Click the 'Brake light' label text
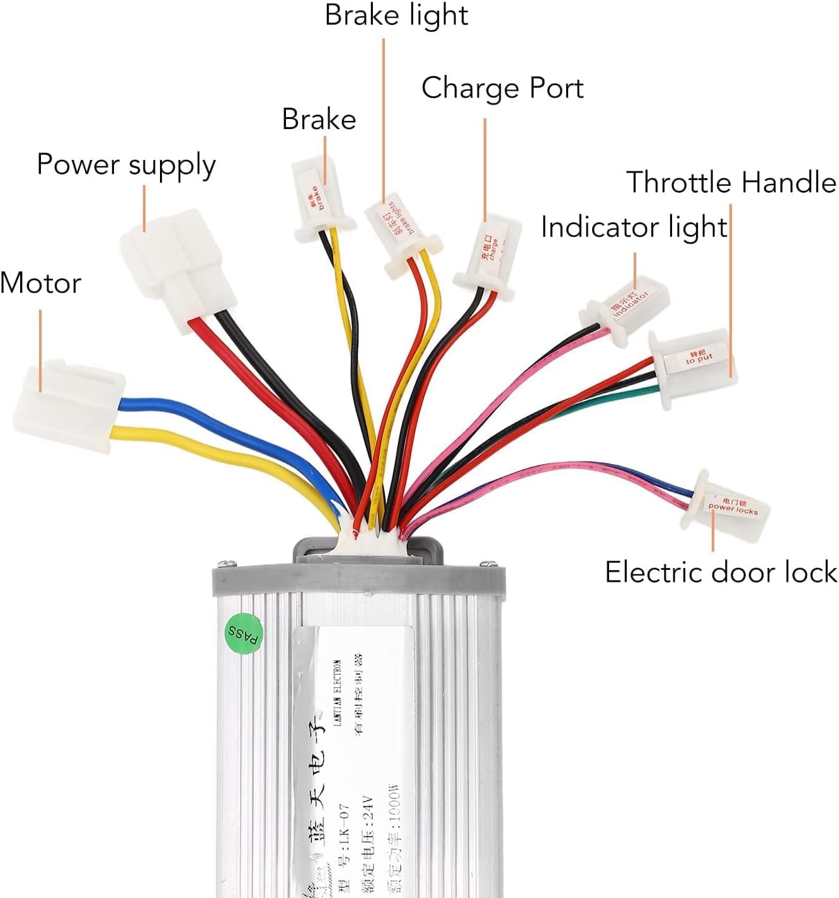point(396,15)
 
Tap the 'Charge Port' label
point(502,88)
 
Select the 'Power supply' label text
point(126,165)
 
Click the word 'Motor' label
point(41,283)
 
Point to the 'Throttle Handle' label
point(731,183)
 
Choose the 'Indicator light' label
point(634,227)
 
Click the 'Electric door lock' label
point(721,572)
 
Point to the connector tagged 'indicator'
point(625,307)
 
